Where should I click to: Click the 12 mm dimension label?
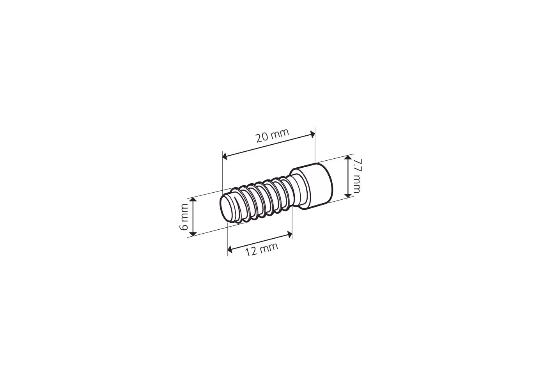pyautogui.click(x=262, y=249)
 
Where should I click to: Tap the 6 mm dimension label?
pyautogui.click(x=184, y=217)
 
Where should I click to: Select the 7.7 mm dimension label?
pyautogui.click(x=357, y=175)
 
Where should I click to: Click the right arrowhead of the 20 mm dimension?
pyautogui.click(x=312, y=134)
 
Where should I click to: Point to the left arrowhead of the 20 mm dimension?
pyautogui.click(x=225, y=156)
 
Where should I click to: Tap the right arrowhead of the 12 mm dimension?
pyautogui.click(x=289, y=235)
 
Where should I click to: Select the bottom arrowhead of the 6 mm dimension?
pyautogui.click(x=193, y=233)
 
